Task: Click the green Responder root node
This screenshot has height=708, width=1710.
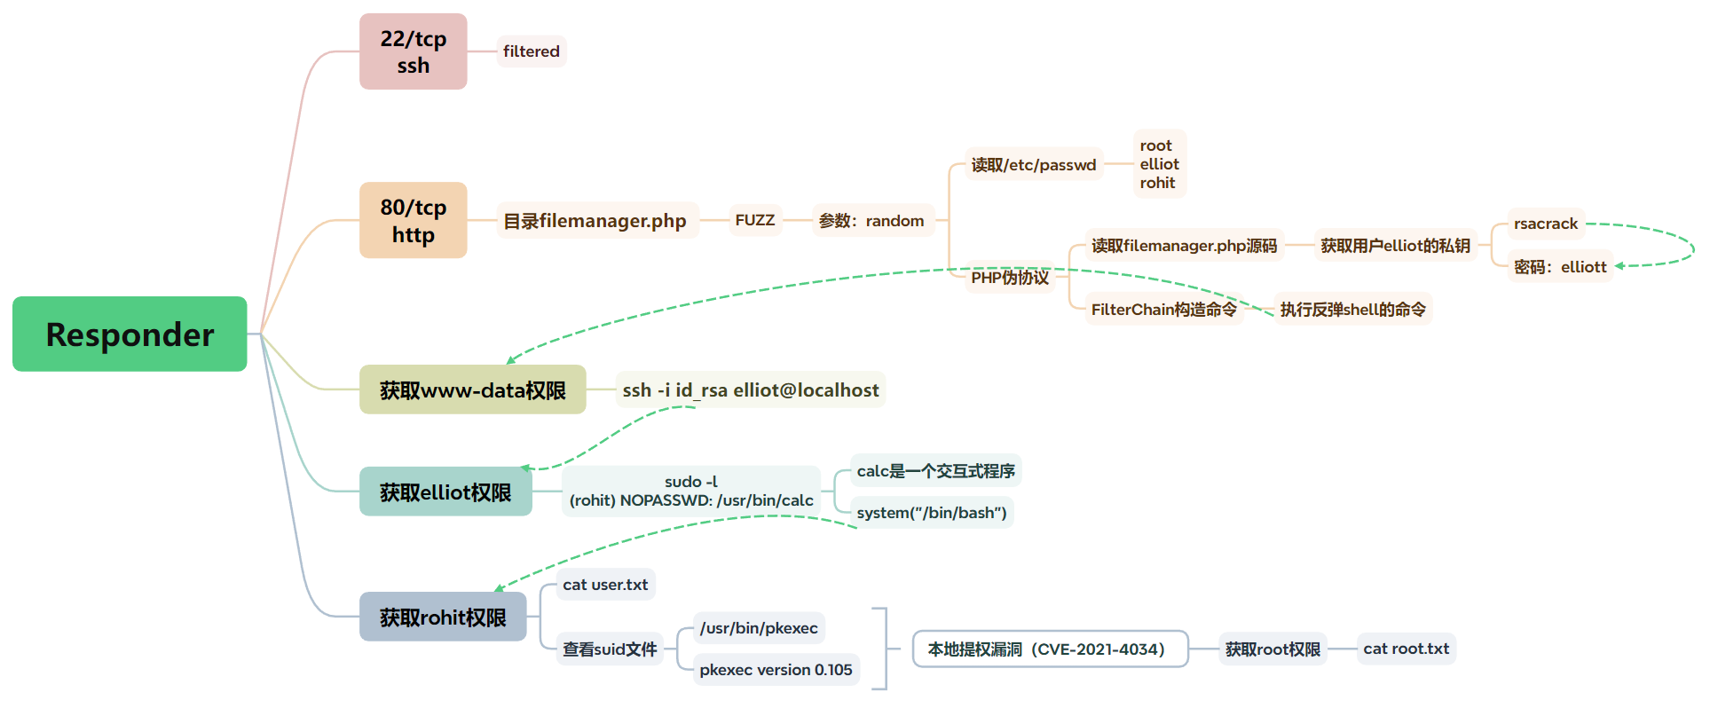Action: (x=130, y=334)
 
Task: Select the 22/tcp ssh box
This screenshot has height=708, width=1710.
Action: (x=413, y=51)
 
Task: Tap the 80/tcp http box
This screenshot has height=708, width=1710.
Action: (x=413, y=220)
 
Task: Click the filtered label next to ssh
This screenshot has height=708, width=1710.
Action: (x=531, y=51)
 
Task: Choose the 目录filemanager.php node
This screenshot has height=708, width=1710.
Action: (x=595, y=221)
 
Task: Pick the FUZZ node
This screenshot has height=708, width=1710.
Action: (x=754, y=220)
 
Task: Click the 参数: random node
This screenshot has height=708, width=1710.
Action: (x=871, y=221)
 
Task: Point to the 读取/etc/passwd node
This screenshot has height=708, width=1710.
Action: (x=1033, y=165)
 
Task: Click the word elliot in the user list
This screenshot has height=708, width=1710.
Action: (x=1159, y=164)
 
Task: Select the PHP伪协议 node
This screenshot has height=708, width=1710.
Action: (x=1010, y=278)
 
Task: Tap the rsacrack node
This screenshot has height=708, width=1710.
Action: (x=1545, y=224)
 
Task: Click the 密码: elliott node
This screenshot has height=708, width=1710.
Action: (x=1560, y=267)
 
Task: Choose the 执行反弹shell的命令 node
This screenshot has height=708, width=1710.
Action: (x=1352, y=310)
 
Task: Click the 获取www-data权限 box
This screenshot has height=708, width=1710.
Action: (x=472, y=390)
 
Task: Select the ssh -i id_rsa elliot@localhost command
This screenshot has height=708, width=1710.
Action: (x=750, y=390)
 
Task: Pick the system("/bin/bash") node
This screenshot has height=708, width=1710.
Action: (x=931, y=513)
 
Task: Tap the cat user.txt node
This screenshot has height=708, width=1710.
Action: (x=605, y=585)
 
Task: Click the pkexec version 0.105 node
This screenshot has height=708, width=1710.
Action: (x=776, y=670)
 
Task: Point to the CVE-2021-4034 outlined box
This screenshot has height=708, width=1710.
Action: (x=1050, y=649)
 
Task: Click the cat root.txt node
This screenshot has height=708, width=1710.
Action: (x=1406, y=649)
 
